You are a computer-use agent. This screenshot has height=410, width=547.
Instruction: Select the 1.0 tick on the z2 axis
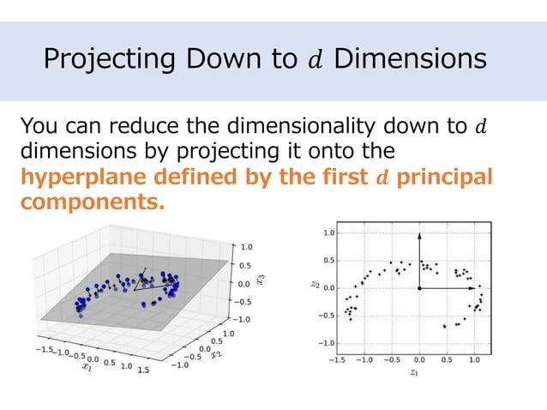[x=328, y=232]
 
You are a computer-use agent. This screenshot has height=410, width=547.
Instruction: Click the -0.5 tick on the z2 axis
[x=326, y=316]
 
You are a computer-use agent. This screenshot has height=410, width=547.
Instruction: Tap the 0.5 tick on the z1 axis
[x=447, y=360]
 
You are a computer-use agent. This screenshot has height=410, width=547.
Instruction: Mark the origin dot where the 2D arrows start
[x=419, y=289]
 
